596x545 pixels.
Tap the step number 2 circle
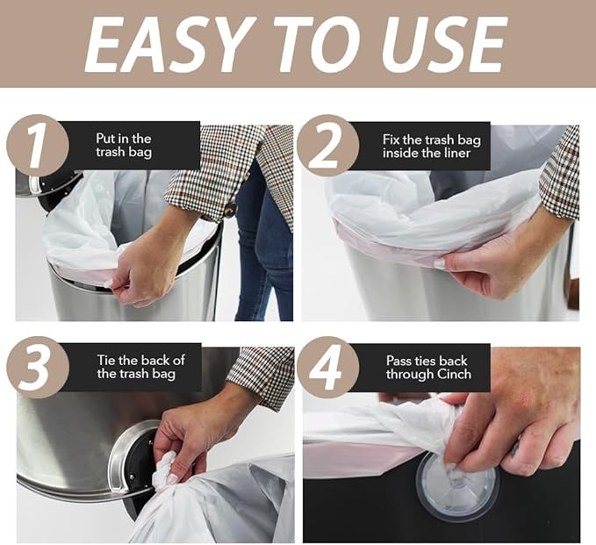click(x=327, y=145)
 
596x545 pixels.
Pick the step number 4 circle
click(x=327, y=367)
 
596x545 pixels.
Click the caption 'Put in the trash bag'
click(x=123, y=146)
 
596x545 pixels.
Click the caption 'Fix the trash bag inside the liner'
click(x=427, y=146)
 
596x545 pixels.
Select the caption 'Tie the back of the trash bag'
click(x=140, y=367)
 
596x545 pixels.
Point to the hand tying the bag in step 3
click(x=197, y=430)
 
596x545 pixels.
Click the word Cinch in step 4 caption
click(x=453, y=375)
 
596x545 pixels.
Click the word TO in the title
click(x=320, y=43)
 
